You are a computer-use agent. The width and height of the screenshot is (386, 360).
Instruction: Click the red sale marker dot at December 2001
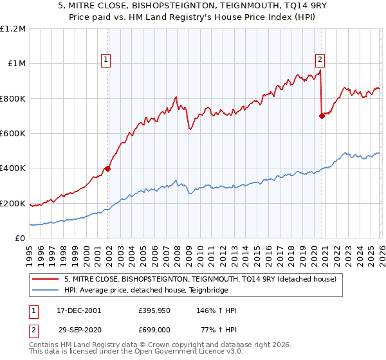coord(108,169)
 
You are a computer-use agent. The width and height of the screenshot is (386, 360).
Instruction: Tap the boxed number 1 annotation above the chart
coord(106,60)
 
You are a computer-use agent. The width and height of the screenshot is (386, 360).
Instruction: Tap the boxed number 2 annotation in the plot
coord(320,60)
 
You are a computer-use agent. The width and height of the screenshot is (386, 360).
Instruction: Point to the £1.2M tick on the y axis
coord(13,29)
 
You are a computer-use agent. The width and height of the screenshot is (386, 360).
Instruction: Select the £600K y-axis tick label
coord(13,134)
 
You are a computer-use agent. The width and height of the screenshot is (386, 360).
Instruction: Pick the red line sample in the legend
coord(46,279)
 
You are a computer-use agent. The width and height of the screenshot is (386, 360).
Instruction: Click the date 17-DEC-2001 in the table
coord(71,310)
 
